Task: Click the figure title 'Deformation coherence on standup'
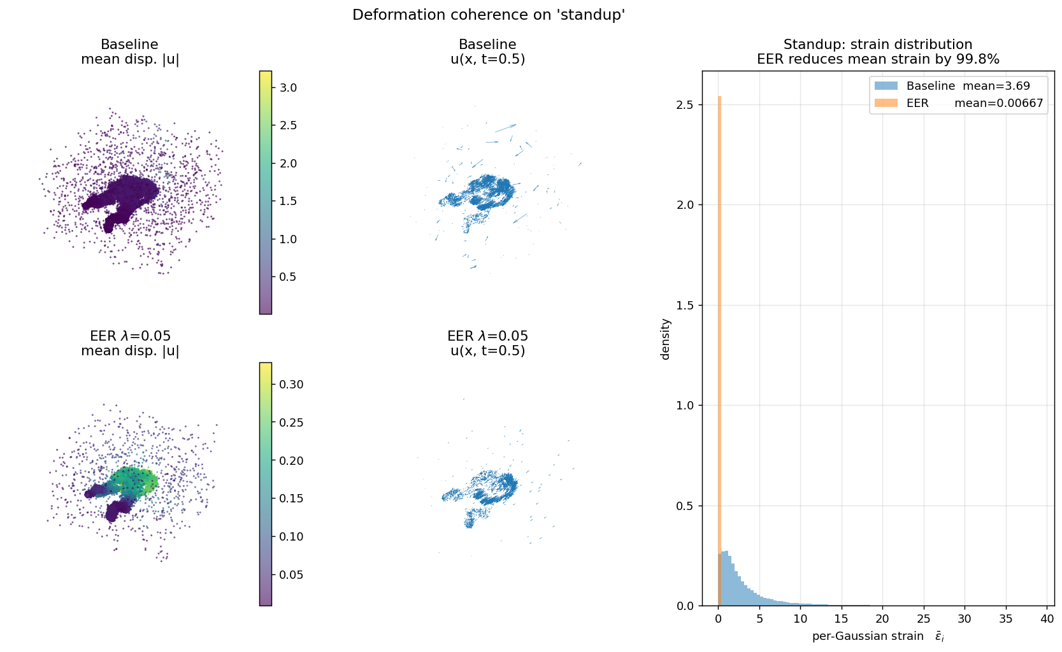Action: pos(489,15)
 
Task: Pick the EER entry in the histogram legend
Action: pos(917,103)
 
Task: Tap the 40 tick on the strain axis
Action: pos(1047,619)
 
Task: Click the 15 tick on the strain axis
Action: pos(841,619)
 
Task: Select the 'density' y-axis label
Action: pos(666,339)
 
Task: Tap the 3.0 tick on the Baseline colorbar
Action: pos(288,88)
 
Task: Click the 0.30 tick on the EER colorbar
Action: pos(291,385)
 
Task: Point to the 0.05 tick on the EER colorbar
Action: pos(291,575)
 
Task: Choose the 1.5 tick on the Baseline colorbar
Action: pos(288,201)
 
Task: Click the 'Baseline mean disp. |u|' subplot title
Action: pos(130,52)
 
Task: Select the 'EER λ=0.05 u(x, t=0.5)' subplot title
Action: pos(487,343)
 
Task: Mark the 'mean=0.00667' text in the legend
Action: pos(998,103)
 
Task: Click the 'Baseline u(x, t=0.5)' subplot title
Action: pos(487,52)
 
